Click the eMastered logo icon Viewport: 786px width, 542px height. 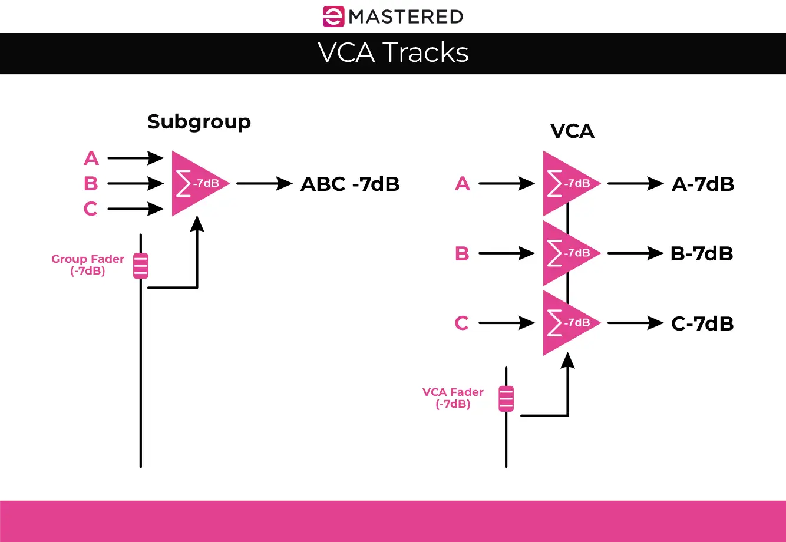coord(333,16)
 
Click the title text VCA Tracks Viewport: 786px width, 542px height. coord(393,53)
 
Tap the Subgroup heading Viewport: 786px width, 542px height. coord(199,122)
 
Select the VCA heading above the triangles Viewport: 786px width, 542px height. coord(572,131)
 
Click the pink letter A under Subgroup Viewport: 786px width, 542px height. coord(91,158)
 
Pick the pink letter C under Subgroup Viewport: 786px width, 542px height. coord(90,209)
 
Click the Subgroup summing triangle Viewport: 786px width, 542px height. coord(194,183)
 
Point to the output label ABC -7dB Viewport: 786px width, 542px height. coord(350,184)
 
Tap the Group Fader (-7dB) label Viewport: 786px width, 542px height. coord(88,265)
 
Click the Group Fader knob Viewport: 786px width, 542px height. coord(140,266)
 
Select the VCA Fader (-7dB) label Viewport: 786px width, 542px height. coord(453,398)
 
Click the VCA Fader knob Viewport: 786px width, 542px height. coord(506,399)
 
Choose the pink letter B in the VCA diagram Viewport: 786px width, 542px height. coord(462,253)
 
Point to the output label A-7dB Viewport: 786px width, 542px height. coord(703,184)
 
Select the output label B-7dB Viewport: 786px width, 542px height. coord(702,253)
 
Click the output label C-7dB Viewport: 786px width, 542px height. coord(702,323)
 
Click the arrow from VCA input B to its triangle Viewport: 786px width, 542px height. coord(507,253)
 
